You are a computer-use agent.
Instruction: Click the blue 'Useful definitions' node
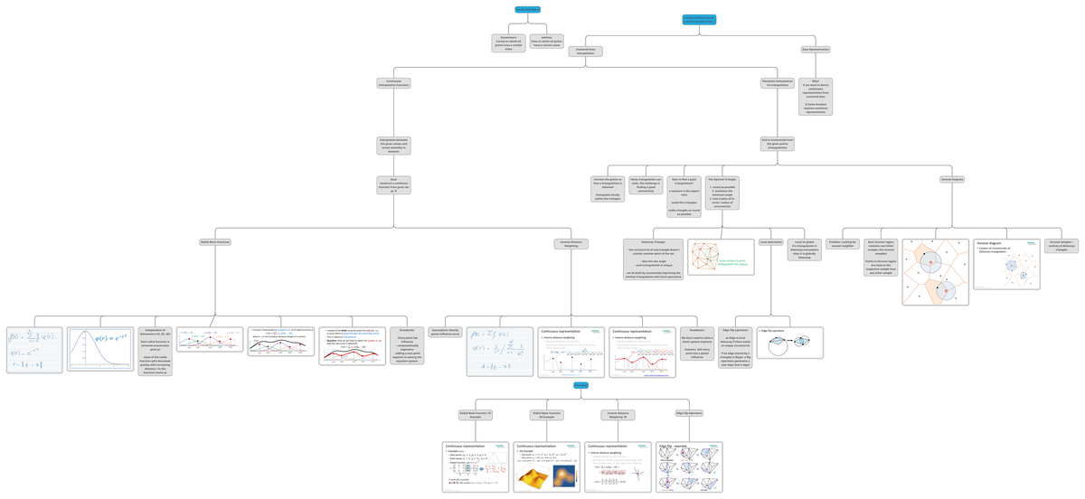(x=527, y=10)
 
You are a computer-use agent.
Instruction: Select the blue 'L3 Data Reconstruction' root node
(x=699, y=20)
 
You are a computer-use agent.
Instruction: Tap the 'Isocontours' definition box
(x=508, y=43)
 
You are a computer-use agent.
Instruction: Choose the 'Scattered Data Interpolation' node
(x=586, y=52)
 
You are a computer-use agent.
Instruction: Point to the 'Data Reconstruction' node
(x=816, y=50)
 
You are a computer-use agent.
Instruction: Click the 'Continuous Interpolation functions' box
(x=393, y=83)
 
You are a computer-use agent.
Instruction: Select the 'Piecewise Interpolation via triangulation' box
(x=778, y=83)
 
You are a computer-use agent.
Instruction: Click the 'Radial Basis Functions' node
(x=215, y=242)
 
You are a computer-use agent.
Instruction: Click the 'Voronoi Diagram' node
(x=952, y=180)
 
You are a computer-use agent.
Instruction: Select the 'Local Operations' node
(x=770, y=242)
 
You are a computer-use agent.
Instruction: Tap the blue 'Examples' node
(x=580, y=386)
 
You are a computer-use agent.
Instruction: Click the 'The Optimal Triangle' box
(x=722, y=193)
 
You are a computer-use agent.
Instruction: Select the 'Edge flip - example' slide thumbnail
(x=689, y=466)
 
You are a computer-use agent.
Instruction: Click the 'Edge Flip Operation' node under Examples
(x=689, y=413)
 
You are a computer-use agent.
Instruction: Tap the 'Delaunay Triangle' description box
(x=653, y=259)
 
